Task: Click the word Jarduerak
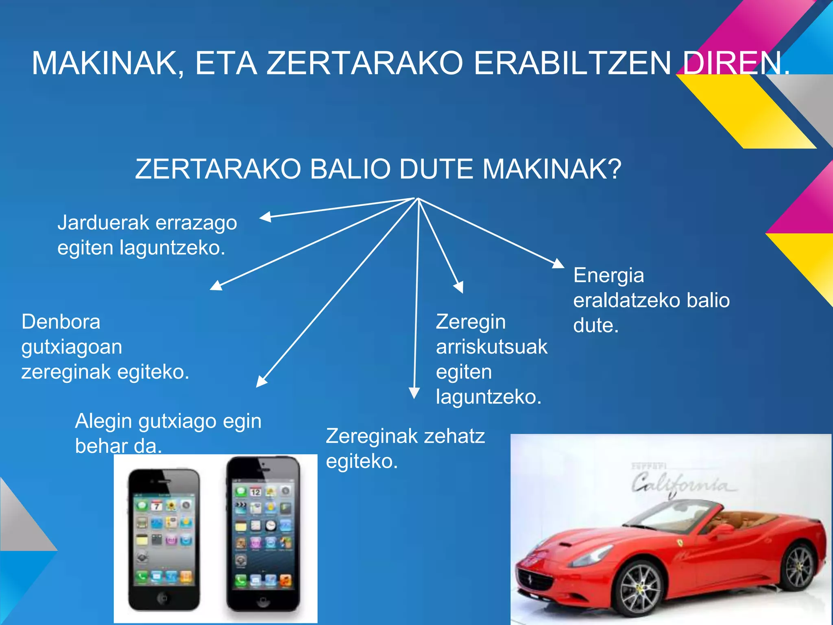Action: coord(103,223)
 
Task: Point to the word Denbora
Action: coord(61,322)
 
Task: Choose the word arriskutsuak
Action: coord(492,347)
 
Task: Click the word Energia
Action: coord(608,275)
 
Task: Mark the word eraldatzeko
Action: coord(627,301)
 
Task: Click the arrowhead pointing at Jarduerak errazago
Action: coord(266,217)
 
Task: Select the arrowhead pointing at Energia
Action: coord(558,264)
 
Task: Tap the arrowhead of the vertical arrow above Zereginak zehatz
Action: coord(414,393)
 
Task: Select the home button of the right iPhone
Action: coord(262,602)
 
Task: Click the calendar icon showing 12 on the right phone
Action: coord(255,492)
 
